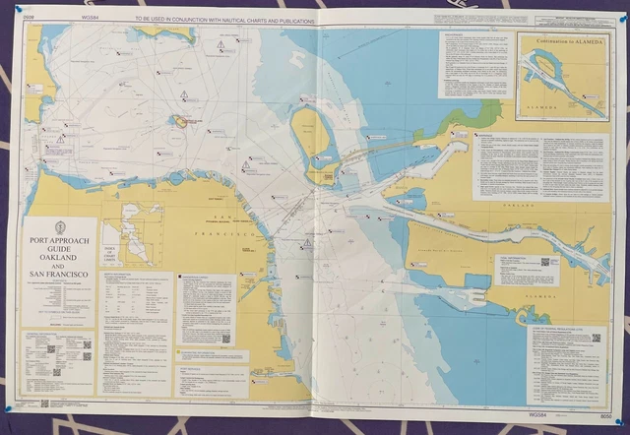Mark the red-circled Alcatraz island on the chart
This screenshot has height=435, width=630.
point(183,121)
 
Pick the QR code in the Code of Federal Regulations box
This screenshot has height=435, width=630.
point(597,338)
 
